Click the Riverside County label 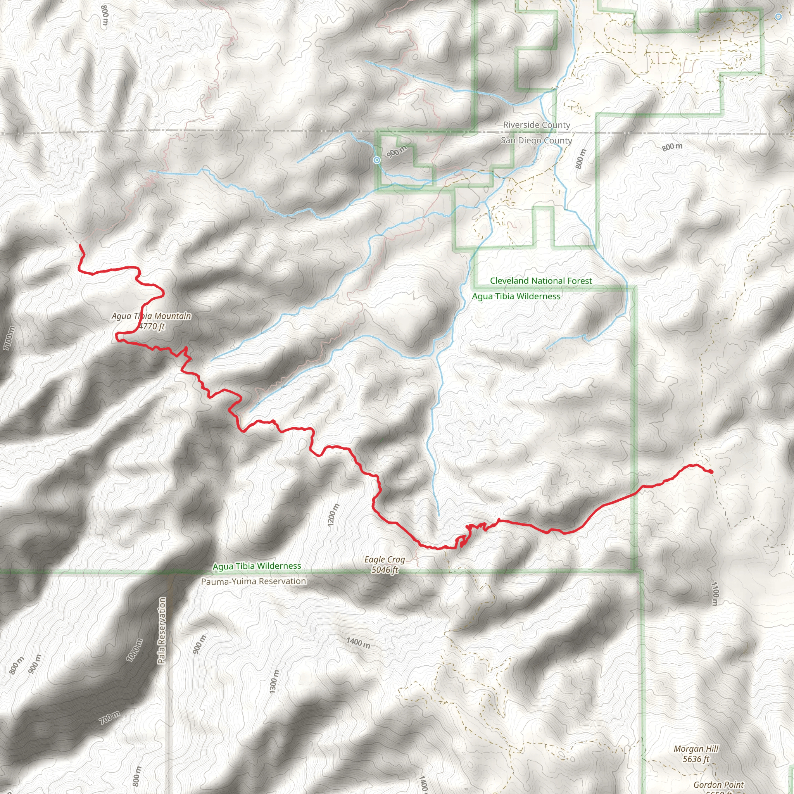pyautogui.click(x=536, y=125)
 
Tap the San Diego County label pyautogui.click(x=536, y=141)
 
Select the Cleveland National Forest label pyautogui.click(x=541, y=281)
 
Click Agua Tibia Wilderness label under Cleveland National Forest pyautogui.click(x=516, y=296)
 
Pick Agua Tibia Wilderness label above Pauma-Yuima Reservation pyautogui.click(x=257, y=566)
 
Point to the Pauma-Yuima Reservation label pyautogui.click(x=253, y=581)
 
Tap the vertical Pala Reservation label pyautogui.click(x=162, y=630)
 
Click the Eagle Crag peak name pyautogui.click(x=385, y=559)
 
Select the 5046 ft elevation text pyautogui.click(x=385, y=570)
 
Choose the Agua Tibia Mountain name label pyautogui.click(x=151, y=316)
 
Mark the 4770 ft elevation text pyautogui.click(x=152, y=326)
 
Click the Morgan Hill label pyautogui.click(x=696, y=749)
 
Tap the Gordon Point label pyautogui.click(x=719, y=785)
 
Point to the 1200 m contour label pyautogui.click(x=334, y=514)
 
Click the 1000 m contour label pyautogui.click(x=135, y=650)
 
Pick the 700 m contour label pyautogui.click(x=110, y=718)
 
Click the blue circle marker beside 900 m pyautogui.click(x=377, y=160)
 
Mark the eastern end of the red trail pyautogui.click(x=711, y=472)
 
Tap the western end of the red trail pyautogui.click(x=80, y=245)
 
